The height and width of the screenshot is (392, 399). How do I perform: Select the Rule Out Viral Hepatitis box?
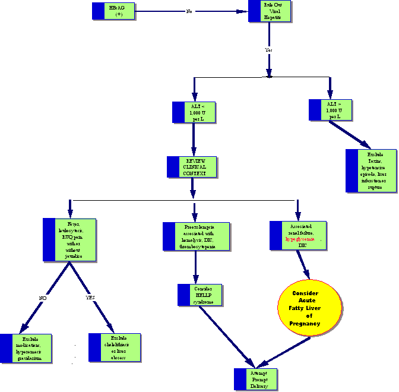click(x=270, y=12)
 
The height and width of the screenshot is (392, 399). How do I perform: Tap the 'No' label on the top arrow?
click(x=189, y=11)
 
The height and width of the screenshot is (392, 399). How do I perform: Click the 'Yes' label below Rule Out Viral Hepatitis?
click(x=268, y=50)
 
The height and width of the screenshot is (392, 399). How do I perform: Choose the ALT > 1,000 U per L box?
click(x=331, y=109)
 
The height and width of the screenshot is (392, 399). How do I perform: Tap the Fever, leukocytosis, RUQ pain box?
click(x=70, y=239)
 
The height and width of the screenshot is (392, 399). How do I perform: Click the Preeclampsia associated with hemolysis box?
click(x=195, y=236)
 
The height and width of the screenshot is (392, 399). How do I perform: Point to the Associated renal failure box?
click(x=298, y=235)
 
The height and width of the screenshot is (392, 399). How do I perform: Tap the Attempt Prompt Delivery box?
click(x=255, y=379)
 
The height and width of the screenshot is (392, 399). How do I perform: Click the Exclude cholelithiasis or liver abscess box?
click(x=115, y=347)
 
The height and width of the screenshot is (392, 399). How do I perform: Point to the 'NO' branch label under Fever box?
click(x=43, y=298)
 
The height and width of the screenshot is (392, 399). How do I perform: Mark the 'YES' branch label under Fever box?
click(x=90, y=298)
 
